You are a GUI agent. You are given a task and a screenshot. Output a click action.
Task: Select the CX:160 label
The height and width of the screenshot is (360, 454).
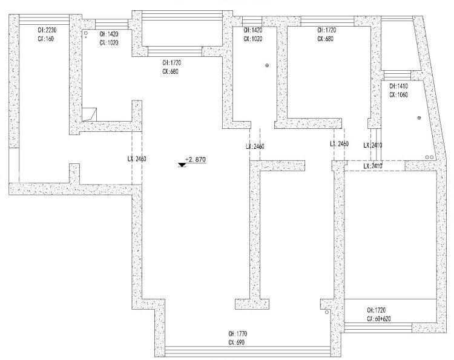point(45,39)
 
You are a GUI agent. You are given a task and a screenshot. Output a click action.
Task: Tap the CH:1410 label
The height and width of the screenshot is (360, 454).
point(400,86)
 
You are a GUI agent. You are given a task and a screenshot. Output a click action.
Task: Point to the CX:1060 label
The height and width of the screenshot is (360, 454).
point(400,95)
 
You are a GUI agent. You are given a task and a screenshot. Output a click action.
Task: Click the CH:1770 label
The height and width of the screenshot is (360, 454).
point(238,333)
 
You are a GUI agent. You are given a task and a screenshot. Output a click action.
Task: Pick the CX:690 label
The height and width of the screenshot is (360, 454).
point(236,342)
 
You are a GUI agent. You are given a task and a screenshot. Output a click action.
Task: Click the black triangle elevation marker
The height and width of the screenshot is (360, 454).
point(183,164)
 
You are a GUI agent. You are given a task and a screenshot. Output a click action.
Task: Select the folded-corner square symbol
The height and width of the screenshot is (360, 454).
point(90,113)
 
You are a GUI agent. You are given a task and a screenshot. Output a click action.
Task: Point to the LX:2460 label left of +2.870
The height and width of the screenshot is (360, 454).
point(137,159)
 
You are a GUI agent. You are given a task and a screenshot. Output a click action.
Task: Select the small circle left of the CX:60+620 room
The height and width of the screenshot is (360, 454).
point(326,313)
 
